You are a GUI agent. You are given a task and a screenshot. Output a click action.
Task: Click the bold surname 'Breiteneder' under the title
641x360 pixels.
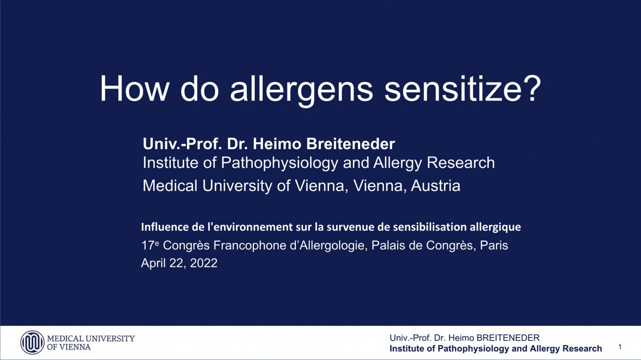tap(351, 144)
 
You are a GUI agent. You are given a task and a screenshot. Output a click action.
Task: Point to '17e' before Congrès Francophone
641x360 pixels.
tap(150, 245)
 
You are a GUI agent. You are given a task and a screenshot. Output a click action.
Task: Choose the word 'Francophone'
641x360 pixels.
tap(250, 245)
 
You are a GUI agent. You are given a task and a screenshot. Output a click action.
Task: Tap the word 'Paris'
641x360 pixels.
tap(494, 245)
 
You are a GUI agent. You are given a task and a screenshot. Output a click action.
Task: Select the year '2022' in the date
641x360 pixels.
tap(203, 263)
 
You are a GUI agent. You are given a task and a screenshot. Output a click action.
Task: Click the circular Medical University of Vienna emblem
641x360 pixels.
tap(33, 342)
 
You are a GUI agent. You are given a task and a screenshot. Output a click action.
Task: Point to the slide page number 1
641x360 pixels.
tap(620, 347)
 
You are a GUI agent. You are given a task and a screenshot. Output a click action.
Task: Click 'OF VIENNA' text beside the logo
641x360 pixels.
tap(69, 347)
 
